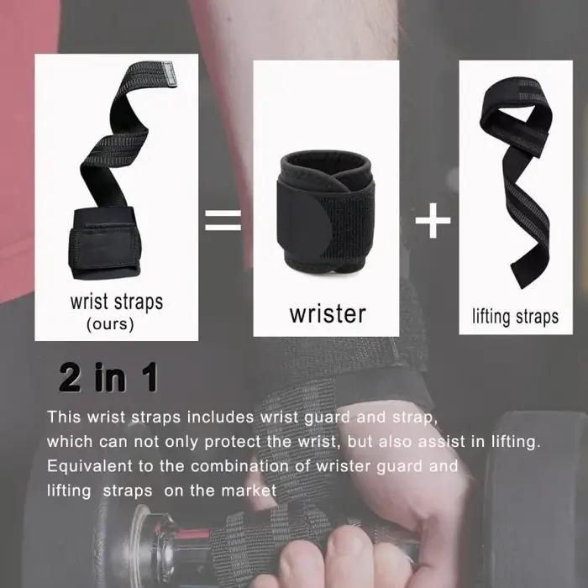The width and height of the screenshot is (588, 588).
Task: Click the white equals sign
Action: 223,220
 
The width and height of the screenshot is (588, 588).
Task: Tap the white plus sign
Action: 433,220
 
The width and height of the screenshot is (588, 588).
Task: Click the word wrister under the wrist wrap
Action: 328,314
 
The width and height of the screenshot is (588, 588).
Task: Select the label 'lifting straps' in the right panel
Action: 515,317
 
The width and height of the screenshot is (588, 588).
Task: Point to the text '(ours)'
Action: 110,324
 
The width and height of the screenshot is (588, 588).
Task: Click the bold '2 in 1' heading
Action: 108,378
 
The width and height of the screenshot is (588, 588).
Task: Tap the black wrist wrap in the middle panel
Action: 326,213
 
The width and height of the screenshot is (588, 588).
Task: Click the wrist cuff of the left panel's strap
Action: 105,244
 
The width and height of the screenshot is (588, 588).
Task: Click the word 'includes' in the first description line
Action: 220,417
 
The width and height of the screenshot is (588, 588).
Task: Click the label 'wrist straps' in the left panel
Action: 117,302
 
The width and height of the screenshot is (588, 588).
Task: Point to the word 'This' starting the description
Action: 64,417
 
